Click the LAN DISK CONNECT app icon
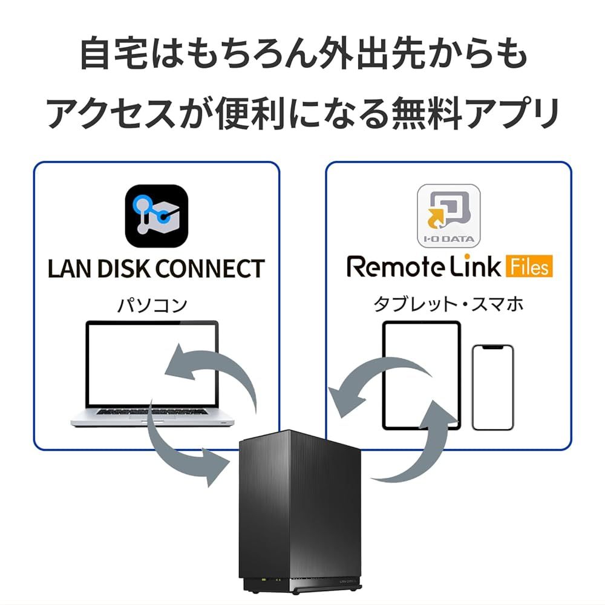pyautogui.click(x=156, y=217)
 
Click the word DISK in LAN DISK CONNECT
pyautogui.click(x=124, y=268)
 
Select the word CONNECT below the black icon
pyautogui.click(x=209, y=268)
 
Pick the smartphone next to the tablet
pyautogui.click(x=492, y=387)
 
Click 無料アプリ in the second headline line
pyautogui.click(x=479, y=113)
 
